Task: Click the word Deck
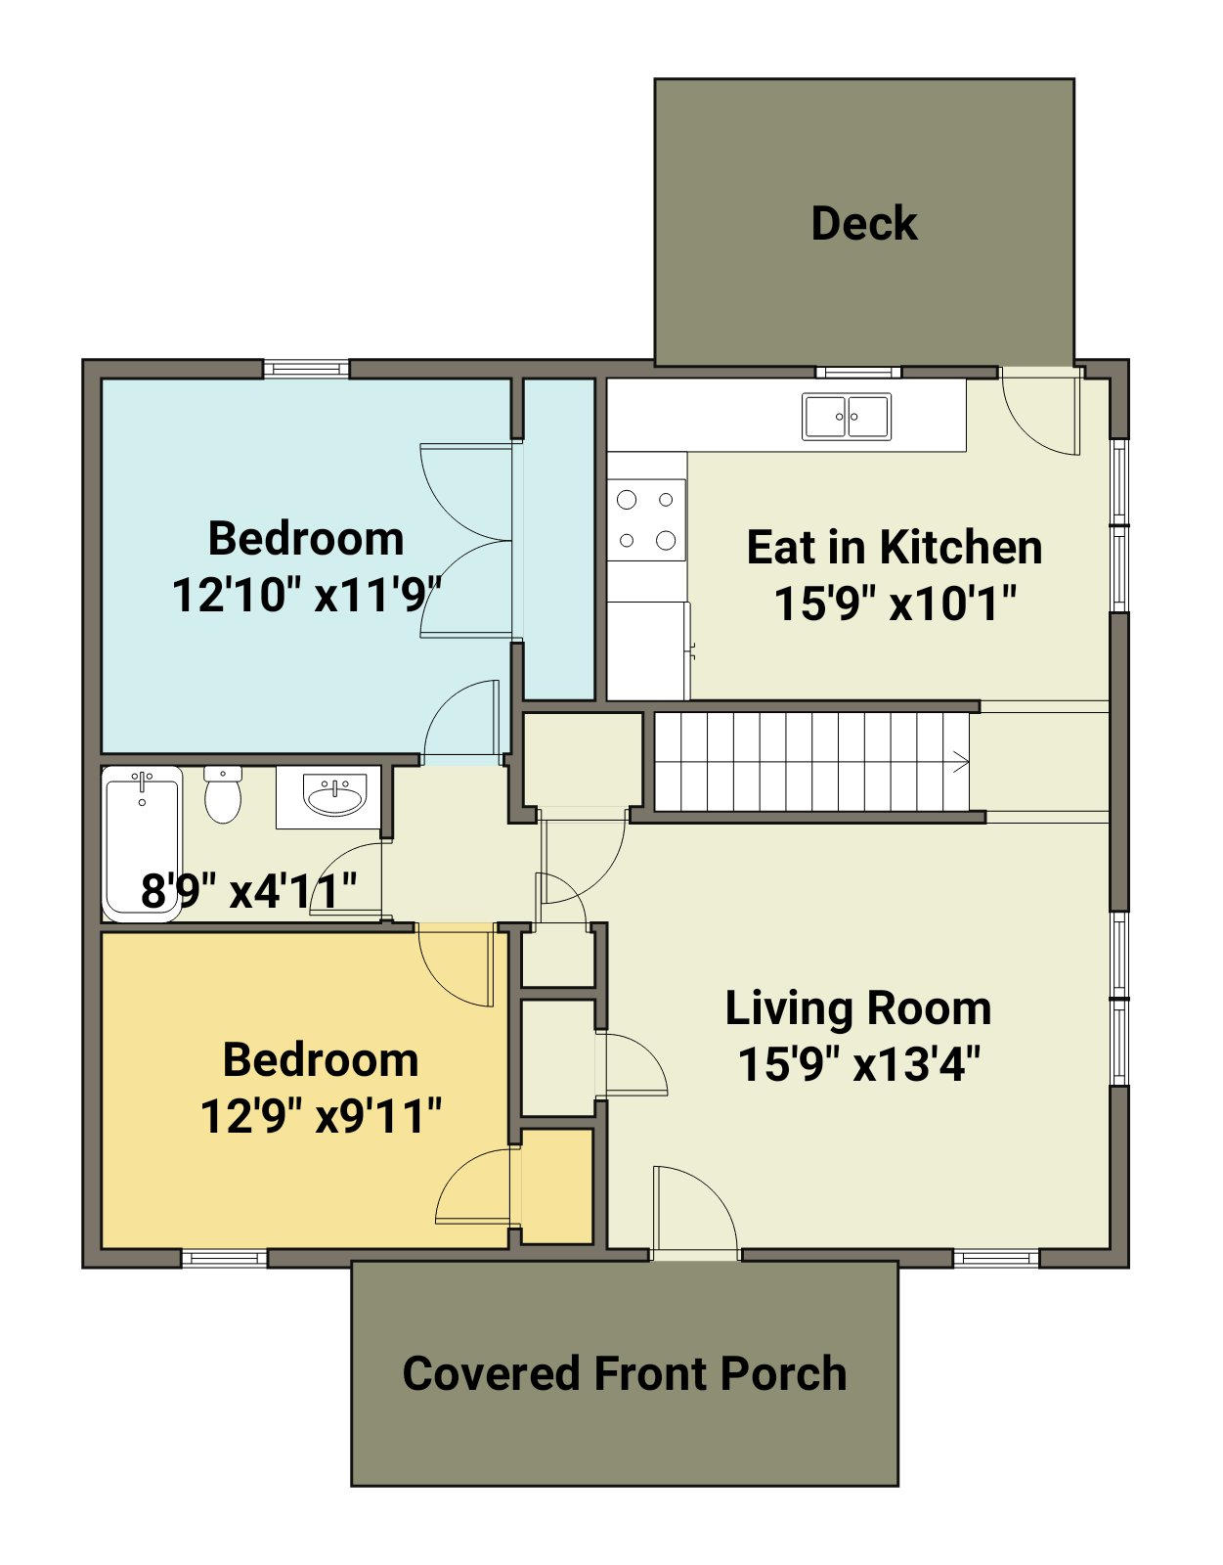(x=864, y=223)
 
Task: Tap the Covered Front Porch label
(x=624, y=1373)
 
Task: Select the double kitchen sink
(x=847, y=417)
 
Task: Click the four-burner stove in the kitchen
(x=646, y=520)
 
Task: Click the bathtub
(x=142, y=843)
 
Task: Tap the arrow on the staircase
(x=960, y=761)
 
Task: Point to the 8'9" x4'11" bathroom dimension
(x=248, y=890)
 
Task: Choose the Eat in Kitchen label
(x=895, y=548)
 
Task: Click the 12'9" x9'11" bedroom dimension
(x=321, y=1116)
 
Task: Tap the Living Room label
(x=858, y=1008)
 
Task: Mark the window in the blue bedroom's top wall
(x=306, y=369)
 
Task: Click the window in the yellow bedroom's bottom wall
(x=224, y=1258)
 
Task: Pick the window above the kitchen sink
(x=858, y=372)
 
